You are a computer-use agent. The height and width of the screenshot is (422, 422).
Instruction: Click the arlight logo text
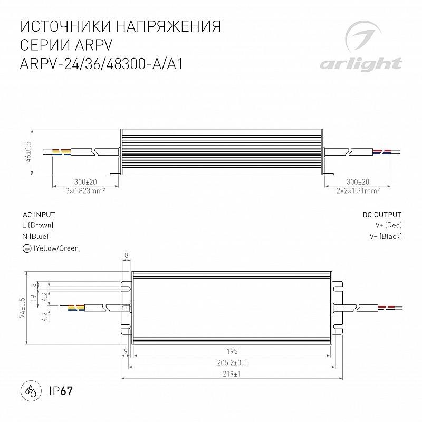click(361, 64)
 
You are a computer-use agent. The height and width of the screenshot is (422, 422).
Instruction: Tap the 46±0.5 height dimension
click(28, 152)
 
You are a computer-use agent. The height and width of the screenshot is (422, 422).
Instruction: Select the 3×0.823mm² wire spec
click(85, 191)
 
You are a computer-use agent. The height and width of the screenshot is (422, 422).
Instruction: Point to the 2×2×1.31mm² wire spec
click(358, 191)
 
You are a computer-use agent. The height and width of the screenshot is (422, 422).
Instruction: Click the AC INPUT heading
click(39, 215)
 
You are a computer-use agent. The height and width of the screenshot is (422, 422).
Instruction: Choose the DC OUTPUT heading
click(382, 215)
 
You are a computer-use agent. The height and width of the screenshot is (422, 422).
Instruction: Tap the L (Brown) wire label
click(38, 225)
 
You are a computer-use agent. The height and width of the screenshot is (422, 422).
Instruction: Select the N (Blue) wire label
click(35, 236)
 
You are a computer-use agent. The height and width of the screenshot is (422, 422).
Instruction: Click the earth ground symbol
click(26, 248)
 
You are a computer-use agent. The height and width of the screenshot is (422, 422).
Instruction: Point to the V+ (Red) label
click(388, 225)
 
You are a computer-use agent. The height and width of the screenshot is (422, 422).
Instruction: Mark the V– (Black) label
click(386, 236)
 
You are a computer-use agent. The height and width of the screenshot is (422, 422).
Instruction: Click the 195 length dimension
click(232, 351)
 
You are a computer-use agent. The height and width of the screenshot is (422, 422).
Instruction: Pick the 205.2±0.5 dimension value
click(232, 363)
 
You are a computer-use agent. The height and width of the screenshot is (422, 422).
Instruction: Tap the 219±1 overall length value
click(232, 374)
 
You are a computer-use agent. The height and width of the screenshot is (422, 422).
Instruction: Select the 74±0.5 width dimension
click(22, 308)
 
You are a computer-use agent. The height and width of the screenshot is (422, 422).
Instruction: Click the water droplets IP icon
click(31, 391)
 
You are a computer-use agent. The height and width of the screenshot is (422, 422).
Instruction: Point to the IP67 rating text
click(61, 391)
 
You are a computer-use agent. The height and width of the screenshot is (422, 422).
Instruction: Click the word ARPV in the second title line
click(93, 45)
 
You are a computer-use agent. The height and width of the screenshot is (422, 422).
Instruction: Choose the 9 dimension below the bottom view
click(126, 351)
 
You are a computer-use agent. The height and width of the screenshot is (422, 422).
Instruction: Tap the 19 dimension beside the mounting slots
click(34, 298)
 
